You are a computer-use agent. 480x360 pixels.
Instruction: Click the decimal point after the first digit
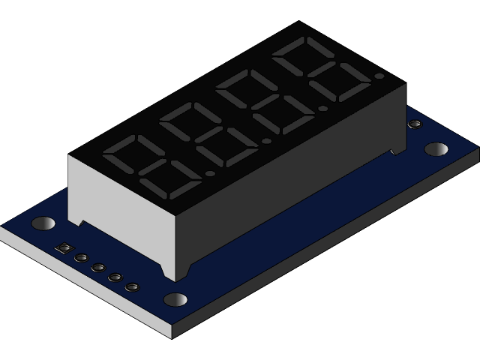210,173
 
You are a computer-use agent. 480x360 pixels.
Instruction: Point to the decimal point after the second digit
266,141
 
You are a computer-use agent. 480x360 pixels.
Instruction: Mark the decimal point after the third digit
322,108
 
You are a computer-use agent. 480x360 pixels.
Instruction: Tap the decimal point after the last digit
379,76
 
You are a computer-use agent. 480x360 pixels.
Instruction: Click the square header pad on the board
65,249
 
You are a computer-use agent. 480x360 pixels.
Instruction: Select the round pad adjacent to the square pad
81,258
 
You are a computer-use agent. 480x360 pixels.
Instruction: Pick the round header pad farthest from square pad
133,287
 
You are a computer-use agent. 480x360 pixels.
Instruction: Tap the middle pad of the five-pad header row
98,268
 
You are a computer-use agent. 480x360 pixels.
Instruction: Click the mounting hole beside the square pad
43,223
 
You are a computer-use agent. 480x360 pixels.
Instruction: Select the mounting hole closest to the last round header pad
175,299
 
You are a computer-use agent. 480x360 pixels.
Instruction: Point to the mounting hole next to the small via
436,148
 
